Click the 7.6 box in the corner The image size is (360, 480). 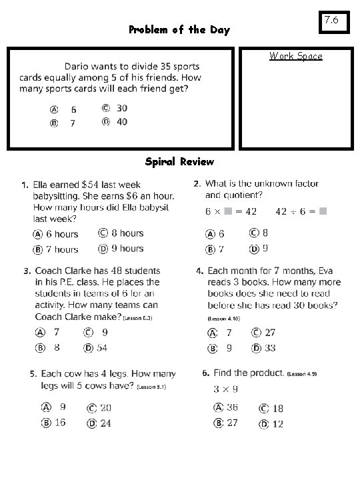coord(332,21)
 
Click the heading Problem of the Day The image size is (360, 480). coord(179,30)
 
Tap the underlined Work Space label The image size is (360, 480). coord(295,56)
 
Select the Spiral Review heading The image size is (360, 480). coord(179,161)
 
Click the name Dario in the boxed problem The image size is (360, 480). coord(77,67)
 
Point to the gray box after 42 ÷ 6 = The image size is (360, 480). coord(323,211)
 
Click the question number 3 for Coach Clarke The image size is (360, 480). coord(27,271)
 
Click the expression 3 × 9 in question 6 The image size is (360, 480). coord(226,389)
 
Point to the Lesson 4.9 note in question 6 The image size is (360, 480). coord(302,374)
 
